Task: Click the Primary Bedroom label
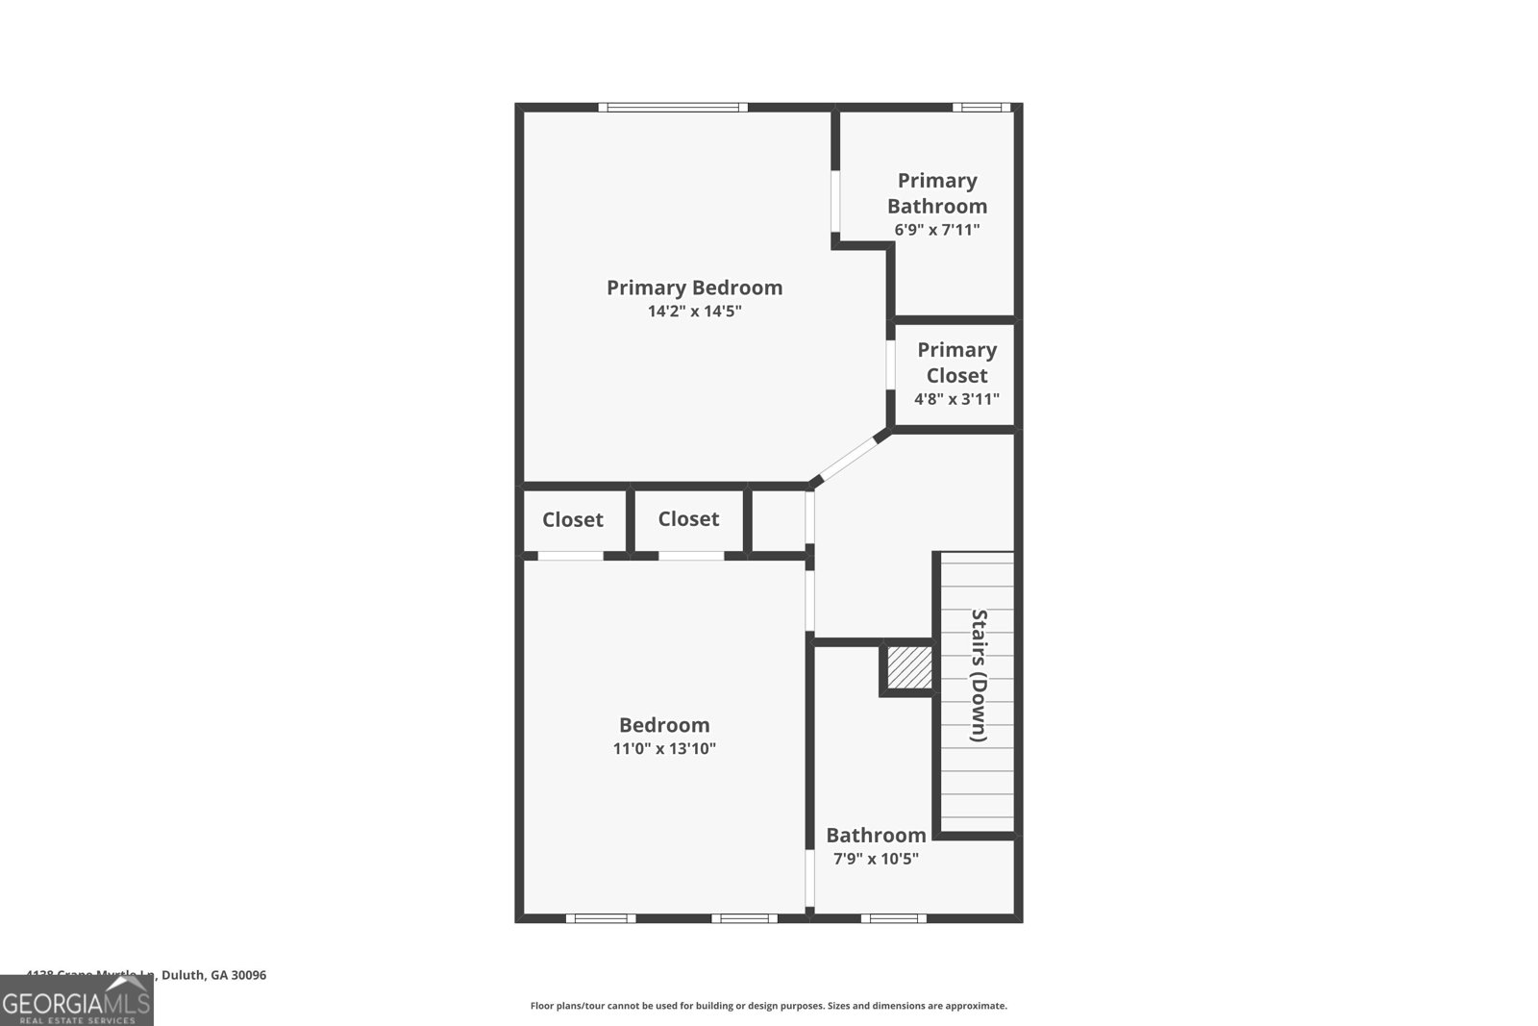[694, 288]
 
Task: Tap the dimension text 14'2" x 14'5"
[694, 312]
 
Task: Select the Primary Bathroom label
[937, 193]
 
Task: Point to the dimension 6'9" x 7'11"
[937, 230]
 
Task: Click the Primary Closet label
[956, 363]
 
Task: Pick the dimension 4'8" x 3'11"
[956, 399]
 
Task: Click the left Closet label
[573, 520]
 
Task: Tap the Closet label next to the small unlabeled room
[688, 519]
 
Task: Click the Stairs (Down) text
[979, 676]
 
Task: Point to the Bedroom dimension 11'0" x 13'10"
[664, 749]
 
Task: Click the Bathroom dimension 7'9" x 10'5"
[875, 859]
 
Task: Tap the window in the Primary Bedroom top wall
[673, 108]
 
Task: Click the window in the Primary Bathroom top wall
[981, 108]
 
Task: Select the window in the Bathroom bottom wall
[893, 918]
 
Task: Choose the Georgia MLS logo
[77, 1001]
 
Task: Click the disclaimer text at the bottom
[768, 1006]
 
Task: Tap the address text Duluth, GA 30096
[213, 975]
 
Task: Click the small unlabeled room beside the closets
[778, 521]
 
